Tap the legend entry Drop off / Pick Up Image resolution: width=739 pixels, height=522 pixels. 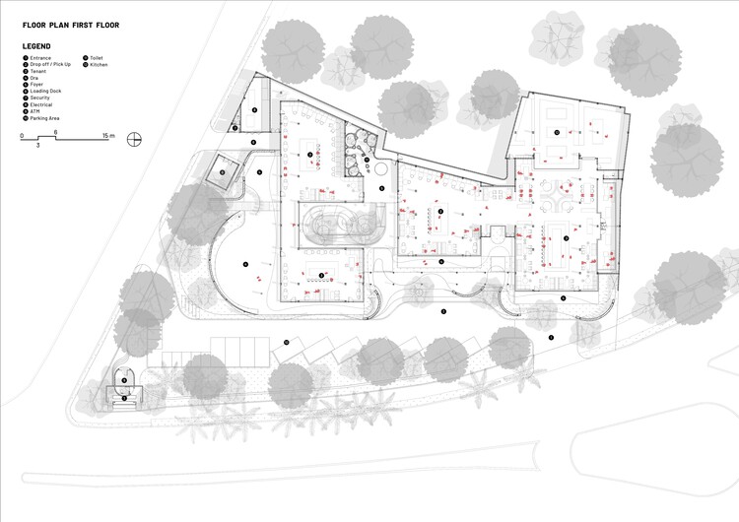tap(49, 65)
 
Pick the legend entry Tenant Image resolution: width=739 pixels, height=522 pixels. tap(38, 72)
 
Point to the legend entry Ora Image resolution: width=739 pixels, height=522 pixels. tap(35, 78)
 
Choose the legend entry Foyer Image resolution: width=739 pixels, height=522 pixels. tap(37, 85)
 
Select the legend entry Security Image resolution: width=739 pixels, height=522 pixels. tap(40, 98)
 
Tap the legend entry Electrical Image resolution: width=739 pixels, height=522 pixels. tap(41, 103)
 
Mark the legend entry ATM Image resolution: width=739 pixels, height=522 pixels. tap(35, 110)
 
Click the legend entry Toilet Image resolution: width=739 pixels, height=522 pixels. tap(97, 59)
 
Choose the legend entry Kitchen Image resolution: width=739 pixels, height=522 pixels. tap(99, 65)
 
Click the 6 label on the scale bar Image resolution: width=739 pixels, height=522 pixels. tap(56, 131)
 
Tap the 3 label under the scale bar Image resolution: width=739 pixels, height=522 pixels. tap(38, 146)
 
